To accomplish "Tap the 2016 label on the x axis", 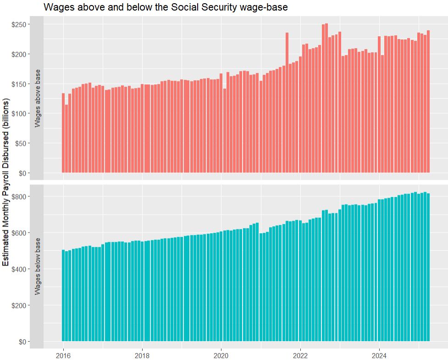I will click(63, 355).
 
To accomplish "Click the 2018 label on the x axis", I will click(143, 355).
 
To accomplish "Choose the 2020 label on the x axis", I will click(221, 355).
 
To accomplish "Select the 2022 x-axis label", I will click(300, 355).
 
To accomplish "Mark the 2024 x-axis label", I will click(379, 355).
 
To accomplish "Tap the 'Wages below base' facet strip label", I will click(38, 266).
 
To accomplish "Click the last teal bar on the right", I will click(428, 267).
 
